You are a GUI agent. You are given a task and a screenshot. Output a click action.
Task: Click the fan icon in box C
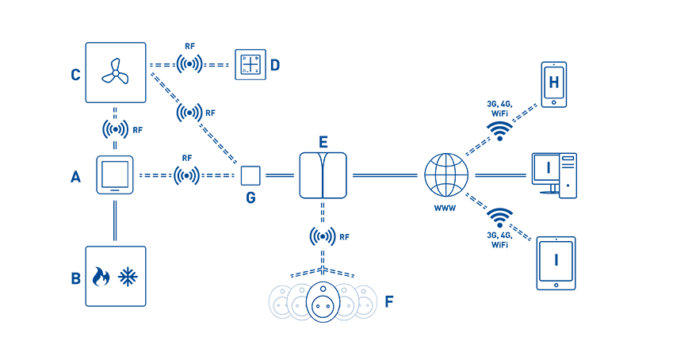pyautogui.click(x=115, y=72)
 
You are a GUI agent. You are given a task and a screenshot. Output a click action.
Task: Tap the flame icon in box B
pyautogui.click(x=101, y=276)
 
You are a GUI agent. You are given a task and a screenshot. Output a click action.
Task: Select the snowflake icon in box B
pyautogui.click(x=128, y=277)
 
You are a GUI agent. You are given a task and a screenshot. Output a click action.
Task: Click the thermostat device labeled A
pyautogui.click(x=115, y=174)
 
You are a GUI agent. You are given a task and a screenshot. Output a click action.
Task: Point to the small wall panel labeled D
pyautogui.click(x=250, y=64)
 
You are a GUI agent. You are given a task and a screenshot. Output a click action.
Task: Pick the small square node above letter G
pyautogui.click(x=250, y=175)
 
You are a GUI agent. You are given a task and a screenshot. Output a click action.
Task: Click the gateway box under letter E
pyautogui.click(x=323, y=175)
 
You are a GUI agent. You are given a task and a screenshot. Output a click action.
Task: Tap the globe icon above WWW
pyautogui.click(x=446, y=175)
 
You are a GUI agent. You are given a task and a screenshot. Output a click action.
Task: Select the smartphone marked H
pyautogui.click(x=553, y=85)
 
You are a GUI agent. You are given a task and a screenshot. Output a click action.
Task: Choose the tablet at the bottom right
pyautogui.click(x=556, y=263)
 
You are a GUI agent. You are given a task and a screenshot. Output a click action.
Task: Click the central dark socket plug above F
pyautogui.click(x=323, y=301)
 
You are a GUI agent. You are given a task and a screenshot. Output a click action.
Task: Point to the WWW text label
pyautogui.click(x=445, y=209)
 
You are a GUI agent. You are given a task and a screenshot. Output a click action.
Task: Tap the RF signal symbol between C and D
pyautogui.click(x=189, y=64)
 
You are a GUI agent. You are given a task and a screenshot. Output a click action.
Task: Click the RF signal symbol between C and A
pyautogui.click(x=115, y=129)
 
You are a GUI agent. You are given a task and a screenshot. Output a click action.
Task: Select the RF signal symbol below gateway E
pyautogui.click(x=323, y=236)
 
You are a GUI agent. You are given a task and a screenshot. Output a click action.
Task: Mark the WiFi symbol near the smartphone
pyautogui.click(x=499, y=131)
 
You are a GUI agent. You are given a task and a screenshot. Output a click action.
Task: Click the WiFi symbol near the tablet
pyautogui.click(x=499, y=218)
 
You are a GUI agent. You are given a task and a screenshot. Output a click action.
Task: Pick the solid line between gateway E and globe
pyautogui.click(x=385, y=175)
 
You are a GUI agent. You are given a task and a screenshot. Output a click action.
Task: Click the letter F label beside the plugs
pyautogui.click(x=389, y=301)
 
